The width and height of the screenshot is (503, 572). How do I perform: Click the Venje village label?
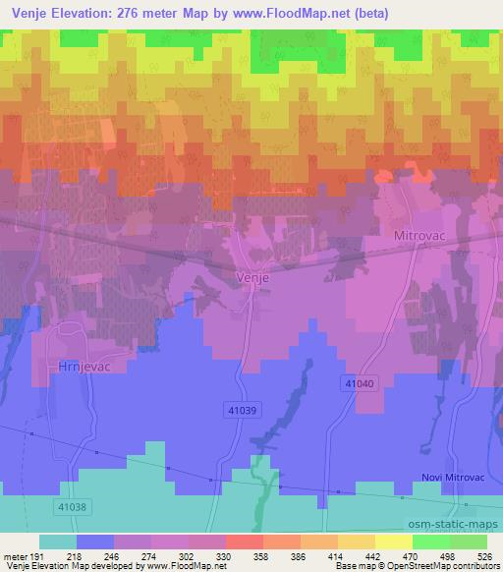252,277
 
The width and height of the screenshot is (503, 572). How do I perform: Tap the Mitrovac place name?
419,237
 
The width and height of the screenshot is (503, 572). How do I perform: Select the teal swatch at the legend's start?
57,542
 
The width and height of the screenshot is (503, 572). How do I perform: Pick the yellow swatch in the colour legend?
394,542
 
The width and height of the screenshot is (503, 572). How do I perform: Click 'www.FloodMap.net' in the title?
304,14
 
